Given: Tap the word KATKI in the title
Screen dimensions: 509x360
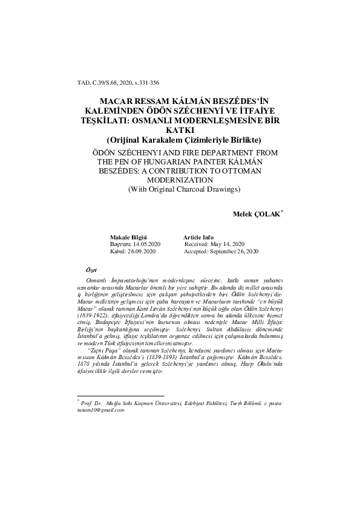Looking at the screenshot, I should pos(179,130).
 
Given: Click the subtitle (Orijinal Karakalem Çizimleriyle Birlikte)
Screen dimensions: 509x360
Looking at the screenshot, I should pos(179,138).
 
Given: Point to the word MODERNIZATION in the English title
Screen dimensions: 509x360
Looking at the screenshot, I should pos(179,180).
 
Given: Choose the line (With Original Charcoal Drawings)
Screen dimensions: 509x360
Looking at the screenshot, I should pos(179,189).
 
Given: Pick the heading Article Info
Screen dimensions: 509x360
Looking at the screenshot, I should pos(198,236).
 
